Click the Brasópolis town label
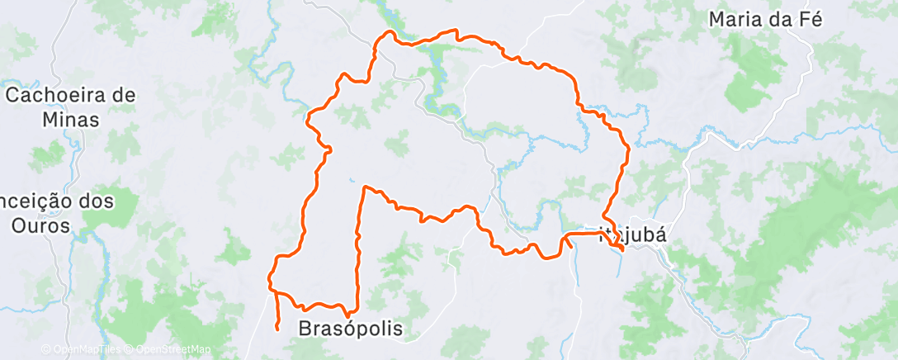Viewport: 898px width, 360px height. [x=350, y=329]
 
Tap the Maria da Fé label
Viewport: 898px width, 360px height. [x=767, y=19]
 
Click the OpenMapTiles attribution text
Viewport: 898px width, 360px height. [x=79, y=350]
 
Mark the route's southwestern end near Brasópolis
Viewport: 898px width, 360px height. [x=276, y=329]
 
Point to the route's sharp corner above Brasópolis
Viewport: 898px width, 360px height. [x=364, y=188]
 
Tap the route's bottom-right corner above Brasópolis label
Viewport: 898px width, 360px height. [x=357, y=306]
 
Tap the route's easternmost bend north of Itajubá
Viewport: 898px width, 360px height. [x=629, y=149]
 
